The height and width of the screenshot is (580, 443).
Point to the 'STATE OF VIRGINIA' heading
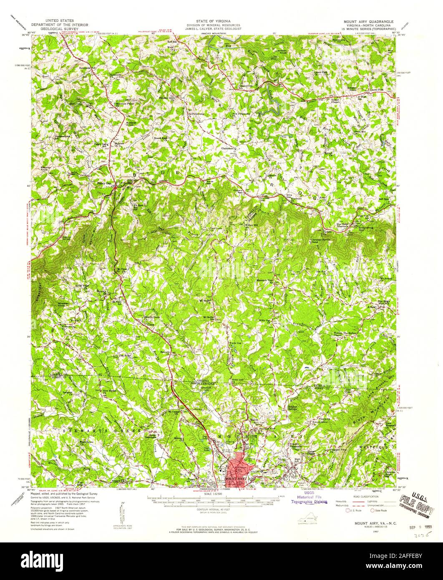pyautogui.click(x=211, y=20)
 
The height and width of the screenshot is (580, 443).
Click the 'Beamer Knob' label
pyautogui.click(x=47, y=169)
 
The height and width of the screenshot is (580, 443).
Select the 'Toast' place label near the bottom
pyautogui.click(x=191, y=479)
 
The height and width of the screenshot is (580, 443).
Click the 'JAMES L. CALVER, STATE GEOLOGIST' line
pyautogui.click(x=211, y=30)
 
